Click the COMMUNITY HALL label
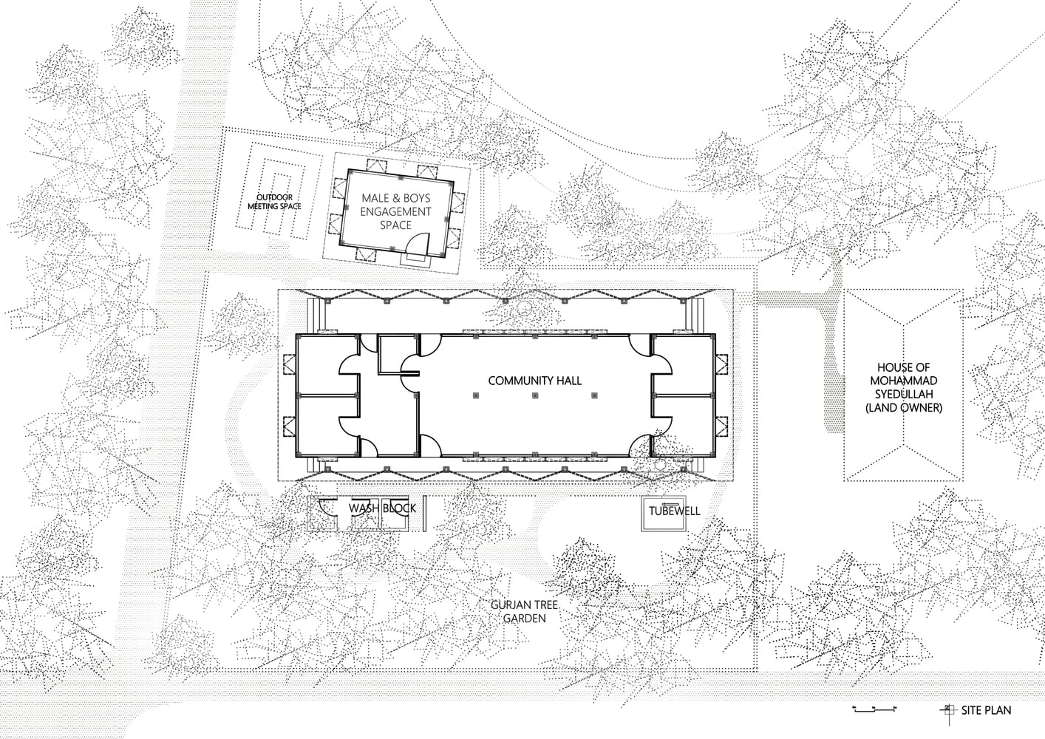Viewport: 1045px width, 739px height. coord(534,381)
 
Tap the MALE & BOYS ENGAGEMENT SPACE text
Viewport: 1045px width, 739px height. coord(395,211)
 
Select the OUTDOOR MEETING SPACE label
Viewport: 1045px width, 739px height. coord(274,202)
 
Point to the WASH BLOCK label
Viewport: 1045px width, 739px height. coord(382,508)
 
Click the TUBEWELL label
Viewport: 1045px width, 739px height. coord(674,511)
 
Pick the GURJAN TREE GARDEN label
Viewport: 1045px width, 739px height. coord(525,612)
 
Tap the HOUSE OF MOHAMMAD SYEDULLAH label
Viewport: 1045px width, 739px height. coord(904,388)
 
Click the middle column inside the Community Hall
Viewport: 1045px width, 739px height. coord(535,395)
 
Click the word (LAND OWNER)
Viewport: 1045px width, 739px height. coord(904,408)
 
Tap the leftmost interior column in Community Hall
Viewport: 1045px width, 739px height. coord(476,395)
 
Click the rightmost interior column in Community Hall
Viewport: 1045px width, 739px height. coord(594,395)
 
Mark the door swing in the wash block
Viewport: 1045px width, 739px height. coord(327,508)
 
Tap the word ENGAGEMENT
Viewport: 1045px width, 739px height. coord(395,211)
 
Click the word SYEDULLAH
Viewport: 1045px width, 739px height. coord(904,394)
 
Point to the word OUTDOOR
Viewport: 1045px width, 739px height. coord(274,197)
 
